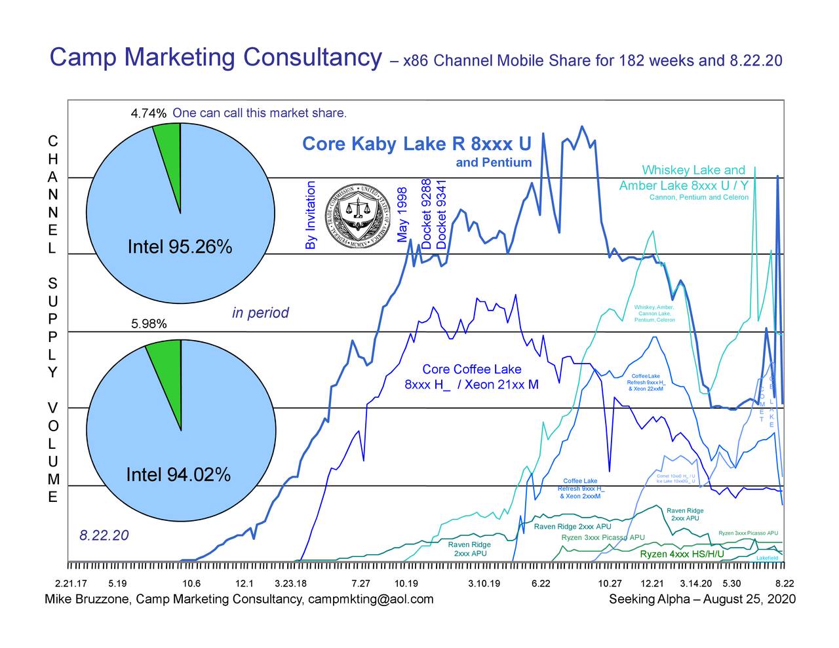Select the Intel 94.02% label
click(178, 474)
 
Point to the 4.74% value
click(149, 113)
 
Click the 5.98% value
click(149, 324)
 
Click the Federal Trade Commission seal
click(358, 213)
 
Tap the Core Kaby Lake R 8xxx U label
click(416, 143)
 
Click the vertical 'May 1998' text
click(402, 214)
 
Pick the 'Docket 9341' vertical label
click(441, 214)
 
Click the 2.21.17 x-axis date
click(71, 583)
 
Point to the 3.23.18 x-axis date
click(290, 583)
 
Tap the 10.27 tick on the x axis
click(610, 583)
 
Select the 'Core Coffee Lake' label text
click(471, 370)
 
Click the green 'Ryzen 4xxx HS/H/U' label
click(682, 554)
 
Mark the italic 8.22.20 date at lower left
click(104, 536)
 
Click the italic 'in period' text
click(260, 313)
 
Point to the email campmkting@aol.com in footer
click(370, 599)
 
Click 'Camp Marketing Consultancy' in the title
click(216, 58)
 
